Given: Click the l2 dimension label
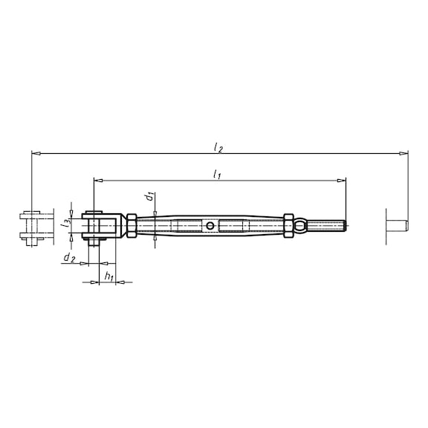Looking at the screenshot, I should [x=218, y=148].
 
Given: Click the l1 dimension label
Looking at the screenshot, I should [x=216, y=174].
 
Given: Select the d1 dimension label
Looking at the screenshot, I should [x=151, y=196].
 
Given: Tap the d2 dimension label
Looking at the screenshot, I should [x=68, y=257].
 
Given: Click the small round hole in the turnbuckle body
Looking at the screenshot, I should [x=211, y=225].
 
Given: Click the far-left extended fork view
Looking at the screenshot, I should [x=32, y=225].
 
